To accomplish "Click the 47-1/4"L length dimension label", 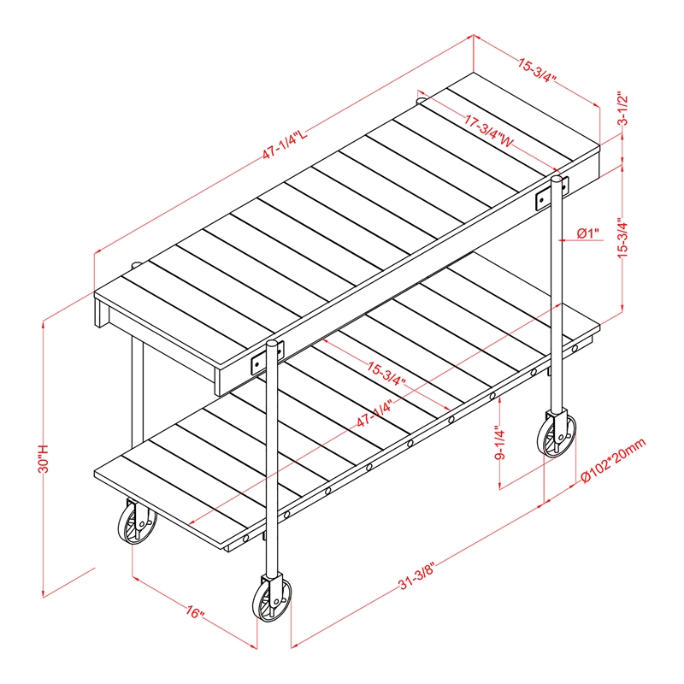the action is (x=285, y=144).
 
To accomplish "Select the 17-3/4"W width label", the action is (x=488, y=131).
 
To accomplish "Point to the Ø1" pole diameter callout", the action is (x=587, y=233).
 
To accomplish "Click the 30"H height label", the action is (x=44, y=459).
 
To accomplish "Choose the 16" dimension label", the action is (x=194, y=612).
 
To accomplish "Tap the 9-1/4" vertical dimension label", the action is (x=500, y=444).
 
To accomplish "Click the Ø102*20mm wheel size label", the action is (x=613, y=461).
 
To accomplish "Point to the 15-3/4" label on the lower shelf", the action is (x=386, y=374).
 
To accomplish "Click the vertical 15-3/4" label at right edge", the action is (x=623, y=238).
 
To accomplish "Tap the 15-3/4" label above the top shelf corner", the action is (x=537, y=70).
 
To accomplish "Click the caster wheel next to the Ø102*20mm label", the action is (x=557, y=434).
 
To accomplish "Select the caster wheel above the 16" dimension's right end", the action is (x=272, y=598).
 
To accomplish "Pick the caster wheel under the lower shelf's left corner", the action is (x=137, y=522).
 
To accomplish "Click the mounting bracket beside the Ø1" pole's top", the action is (x=551, y=194).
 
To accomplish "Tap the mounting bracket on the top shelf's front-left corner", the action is (x=267, y=357).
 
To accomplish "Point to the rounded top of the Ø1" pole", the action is (x=557, y=179).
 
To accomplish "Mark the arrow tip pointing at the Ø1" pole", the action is (x=559, y=240).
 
